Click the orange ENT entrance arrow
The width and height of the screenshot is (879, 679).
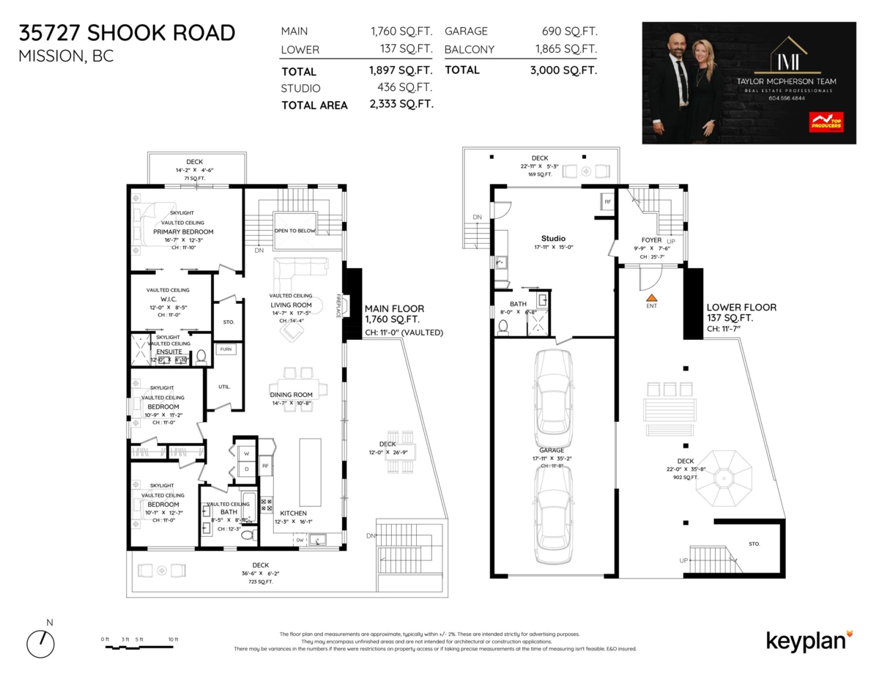tap(651, 297)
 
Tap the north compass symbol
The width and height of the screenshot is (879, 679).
tap(41, 643)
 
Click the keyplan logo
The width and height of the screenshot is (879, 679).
tap(809, 640)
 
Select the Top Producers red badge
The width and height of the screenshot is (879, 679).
tap(825, 122)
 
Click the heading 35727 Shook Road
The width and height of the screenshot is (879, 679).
tap(127, 33)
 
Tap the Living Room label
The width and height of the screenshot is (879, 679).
tap(292, 305)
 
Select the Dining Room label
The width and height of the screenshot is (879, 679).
tap(292, 395)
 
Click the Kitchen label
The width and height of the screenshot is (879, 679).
tap(291, 513)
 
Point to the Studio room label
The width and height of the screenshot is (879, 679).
tap(553, 239)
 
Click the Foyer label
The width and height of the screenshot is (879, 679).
tap(651, 240)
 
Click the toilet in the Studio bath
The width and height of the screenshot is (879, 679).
tap(502, 327)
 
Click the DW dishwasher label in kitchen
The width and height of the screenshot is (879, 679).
tap(300, 540)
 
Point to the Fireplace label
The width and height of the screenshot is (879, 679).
tap(339, 306)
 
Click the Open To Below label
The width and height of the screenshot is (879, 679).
tap(294, 229)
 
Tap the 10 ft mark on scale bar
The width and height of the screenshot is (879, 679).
tap(173, 639)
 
